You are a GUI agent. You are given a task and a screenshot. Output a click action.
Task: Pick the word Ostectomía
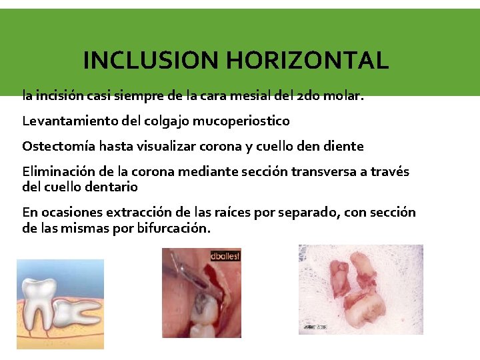point(57,146)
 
